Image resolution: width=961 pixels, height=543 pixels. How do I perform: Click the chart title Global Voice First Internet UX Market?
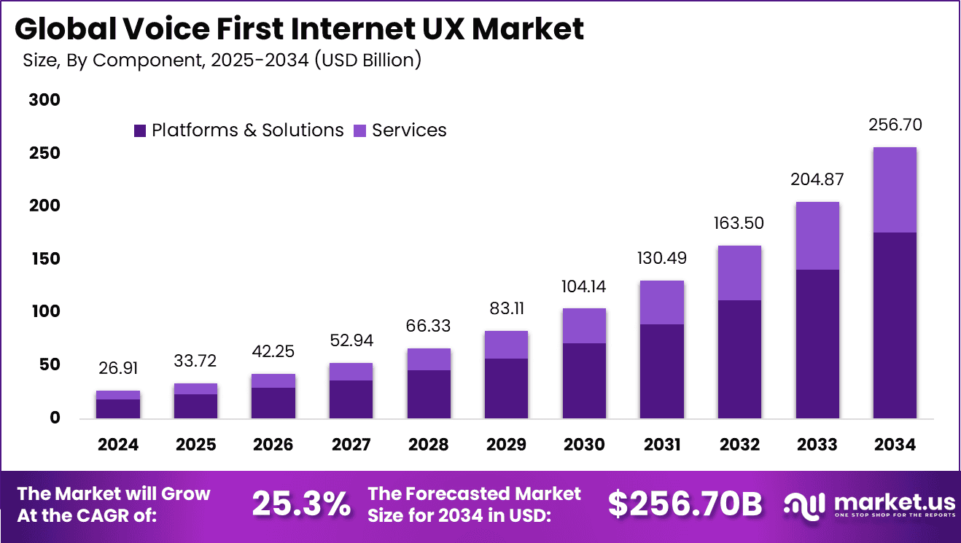click(x=299, y=29)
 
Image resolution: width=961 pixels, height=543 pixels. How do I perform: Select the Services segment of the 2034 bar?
click(x=895, y=190)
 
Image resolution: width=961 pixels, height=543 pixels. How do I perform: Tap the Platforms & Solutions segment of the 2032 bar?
click(x=739, y=359)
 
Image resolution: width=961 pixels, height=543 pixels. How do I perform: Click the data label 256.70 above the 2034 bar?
click(x=895, y=125)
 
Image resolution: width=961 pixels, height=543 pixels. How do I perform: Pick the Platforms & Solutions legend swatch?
click(x=140, y=131)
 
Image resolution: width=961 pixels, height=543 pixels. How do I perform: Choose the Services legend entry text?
click(x=409, y=130)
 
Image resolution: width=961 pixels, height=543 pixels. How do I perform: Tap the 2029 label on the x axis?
click(x=506, y=445)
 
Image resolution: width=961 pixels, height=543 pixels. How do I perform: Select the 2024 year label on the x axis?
click(x=117, y=445)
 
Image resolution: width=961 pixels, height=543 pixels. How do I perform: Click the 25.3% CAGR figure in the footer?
click(x=301, y=504)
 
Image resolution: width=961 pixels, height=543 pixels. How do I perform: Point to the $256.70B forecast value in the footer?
click(x=685, y=504)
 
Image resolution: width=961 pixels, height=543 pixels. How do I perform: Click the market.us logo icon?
click(x=804, y=504)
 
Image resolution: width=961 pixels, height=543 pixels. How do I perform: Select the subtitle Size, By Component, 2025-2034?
click(x=222, y=60)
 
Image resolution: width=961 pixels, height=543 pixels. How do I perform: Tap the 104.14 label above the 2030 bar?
click(x=584, y=286)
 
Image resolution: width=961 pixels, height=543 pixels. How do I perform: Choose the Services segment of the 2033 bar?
click(x=817, y=235)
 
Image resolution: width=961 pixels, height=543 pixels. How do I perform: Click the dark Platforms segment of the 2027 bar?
click(x=351, y=399)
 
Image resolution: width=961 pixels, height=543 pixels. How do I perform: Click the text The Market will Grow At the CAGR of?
click(x=113, y=504)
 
